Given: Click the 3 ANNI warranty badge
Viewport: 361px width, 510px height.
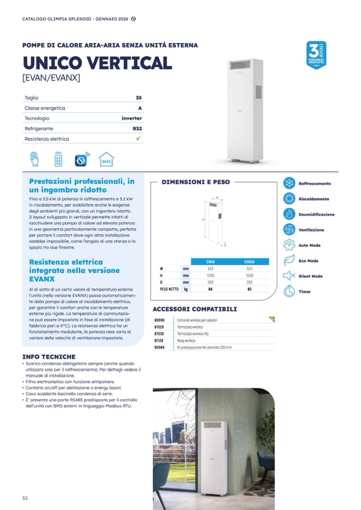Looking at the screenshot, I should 316,55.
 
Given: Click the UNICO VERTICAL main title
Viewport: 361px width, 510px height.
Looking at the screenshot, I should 97,63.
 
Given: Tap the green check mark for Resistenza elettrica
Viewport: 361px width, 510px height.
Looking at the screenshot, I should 138,139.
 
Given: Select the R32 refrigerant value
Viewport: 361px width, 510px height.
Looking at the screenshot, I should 137,129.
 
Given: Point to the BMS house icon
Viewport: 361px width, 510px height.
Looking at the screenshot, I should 106,159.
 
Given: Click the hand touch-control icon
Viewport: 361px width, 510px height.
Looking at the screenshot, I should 35,159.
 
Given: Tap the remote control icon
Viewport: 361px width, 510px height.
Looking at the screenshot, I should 58,159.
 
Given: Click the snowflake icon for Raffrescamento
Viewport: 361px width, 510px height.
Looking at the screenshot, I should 289,183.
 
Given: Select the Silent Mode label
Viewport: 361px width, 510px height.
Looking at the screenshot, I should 310,277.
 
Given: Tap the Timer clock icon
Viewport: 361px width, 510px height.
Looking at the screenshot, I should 289,291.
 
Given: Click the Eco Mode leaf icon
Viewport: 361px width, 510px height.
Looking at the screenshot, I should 289,261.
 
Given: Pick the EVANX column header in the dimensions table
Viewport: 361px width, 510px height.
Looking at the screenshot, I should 250,262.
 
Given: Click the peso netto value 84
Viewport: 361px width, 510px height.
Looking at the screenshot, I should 210,289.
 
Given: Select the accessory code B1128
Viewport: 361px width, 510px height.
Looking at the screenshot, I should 159,340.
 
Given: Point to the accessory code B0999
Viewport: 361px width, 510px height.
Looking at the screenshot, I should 159,320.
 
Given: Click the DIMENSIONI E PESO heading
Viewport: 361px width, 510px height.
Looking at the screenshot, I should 195,182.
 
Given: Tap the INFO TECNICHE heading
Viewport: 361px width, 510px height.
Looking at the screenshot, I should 48,357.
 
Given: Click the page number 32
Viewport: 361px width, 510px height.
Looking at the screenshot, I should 25,498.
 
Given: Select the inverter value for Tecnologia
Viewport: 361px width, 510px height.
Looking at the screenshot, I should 132,118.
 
